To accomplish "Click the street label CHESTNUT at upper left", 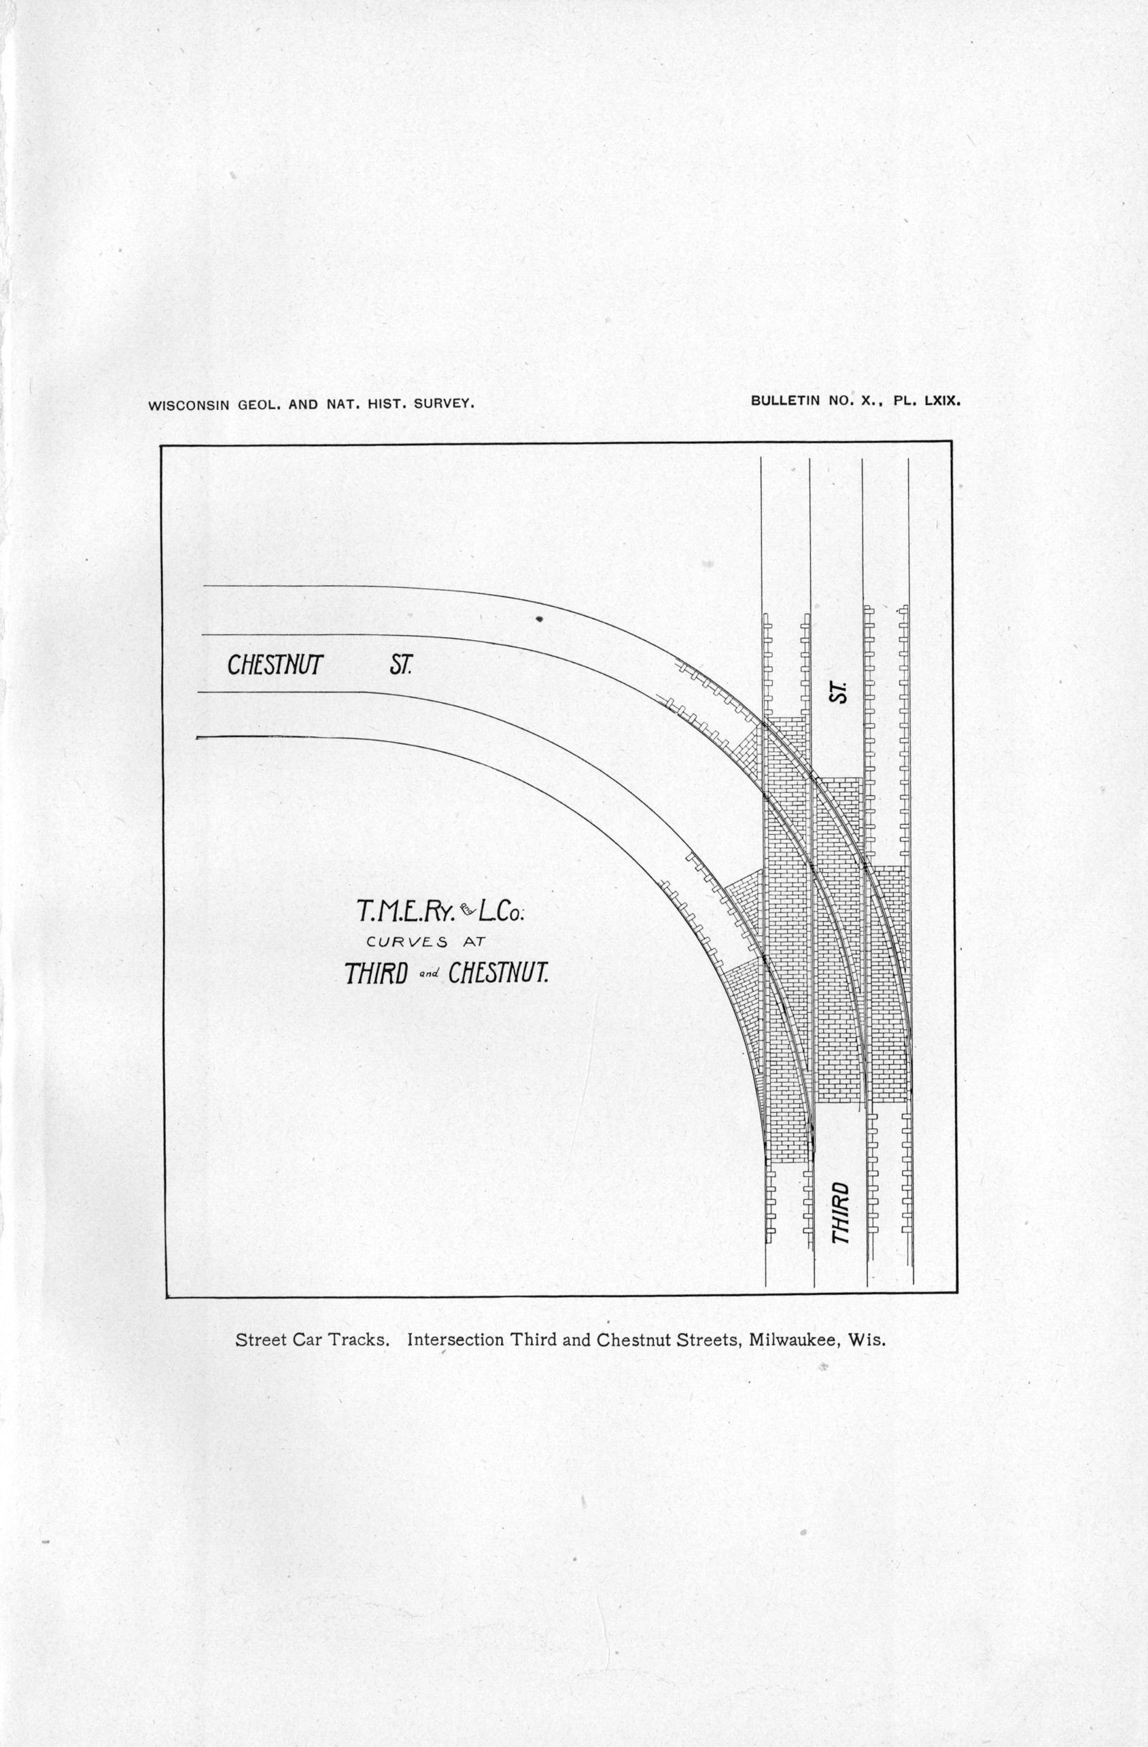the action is (275, 665).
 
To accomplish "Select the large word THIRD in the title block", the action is (376, 974).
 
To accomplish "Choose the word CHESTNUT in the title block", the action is (498, 974).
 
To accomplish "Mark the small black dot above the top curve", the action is (539, 619).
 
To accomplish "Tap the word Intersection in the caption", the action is (455, 1340).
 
